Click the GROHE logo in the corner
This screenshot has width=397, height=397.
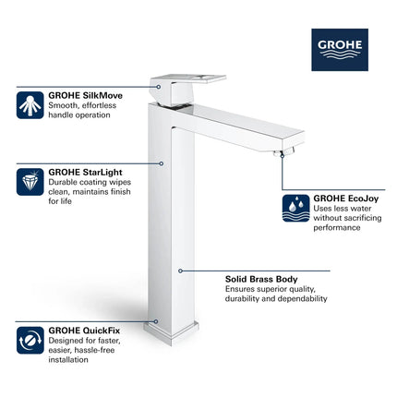[341, 49]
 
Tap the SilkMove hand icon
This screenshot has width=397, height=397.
[30, 104]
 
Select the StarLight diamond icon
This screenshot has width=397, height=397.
[30, 181]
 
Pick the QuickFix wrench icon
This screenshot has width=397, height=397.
[30, 339]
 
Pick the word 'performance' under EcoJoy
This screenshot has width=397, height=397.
[338, 227]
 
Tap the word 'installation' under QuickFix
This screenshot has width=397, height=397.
[70, 360]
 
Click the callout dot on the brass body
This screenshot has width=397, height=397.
[180, 271]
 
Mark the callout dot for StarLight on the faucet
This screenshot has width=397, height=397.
[162, 163]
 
